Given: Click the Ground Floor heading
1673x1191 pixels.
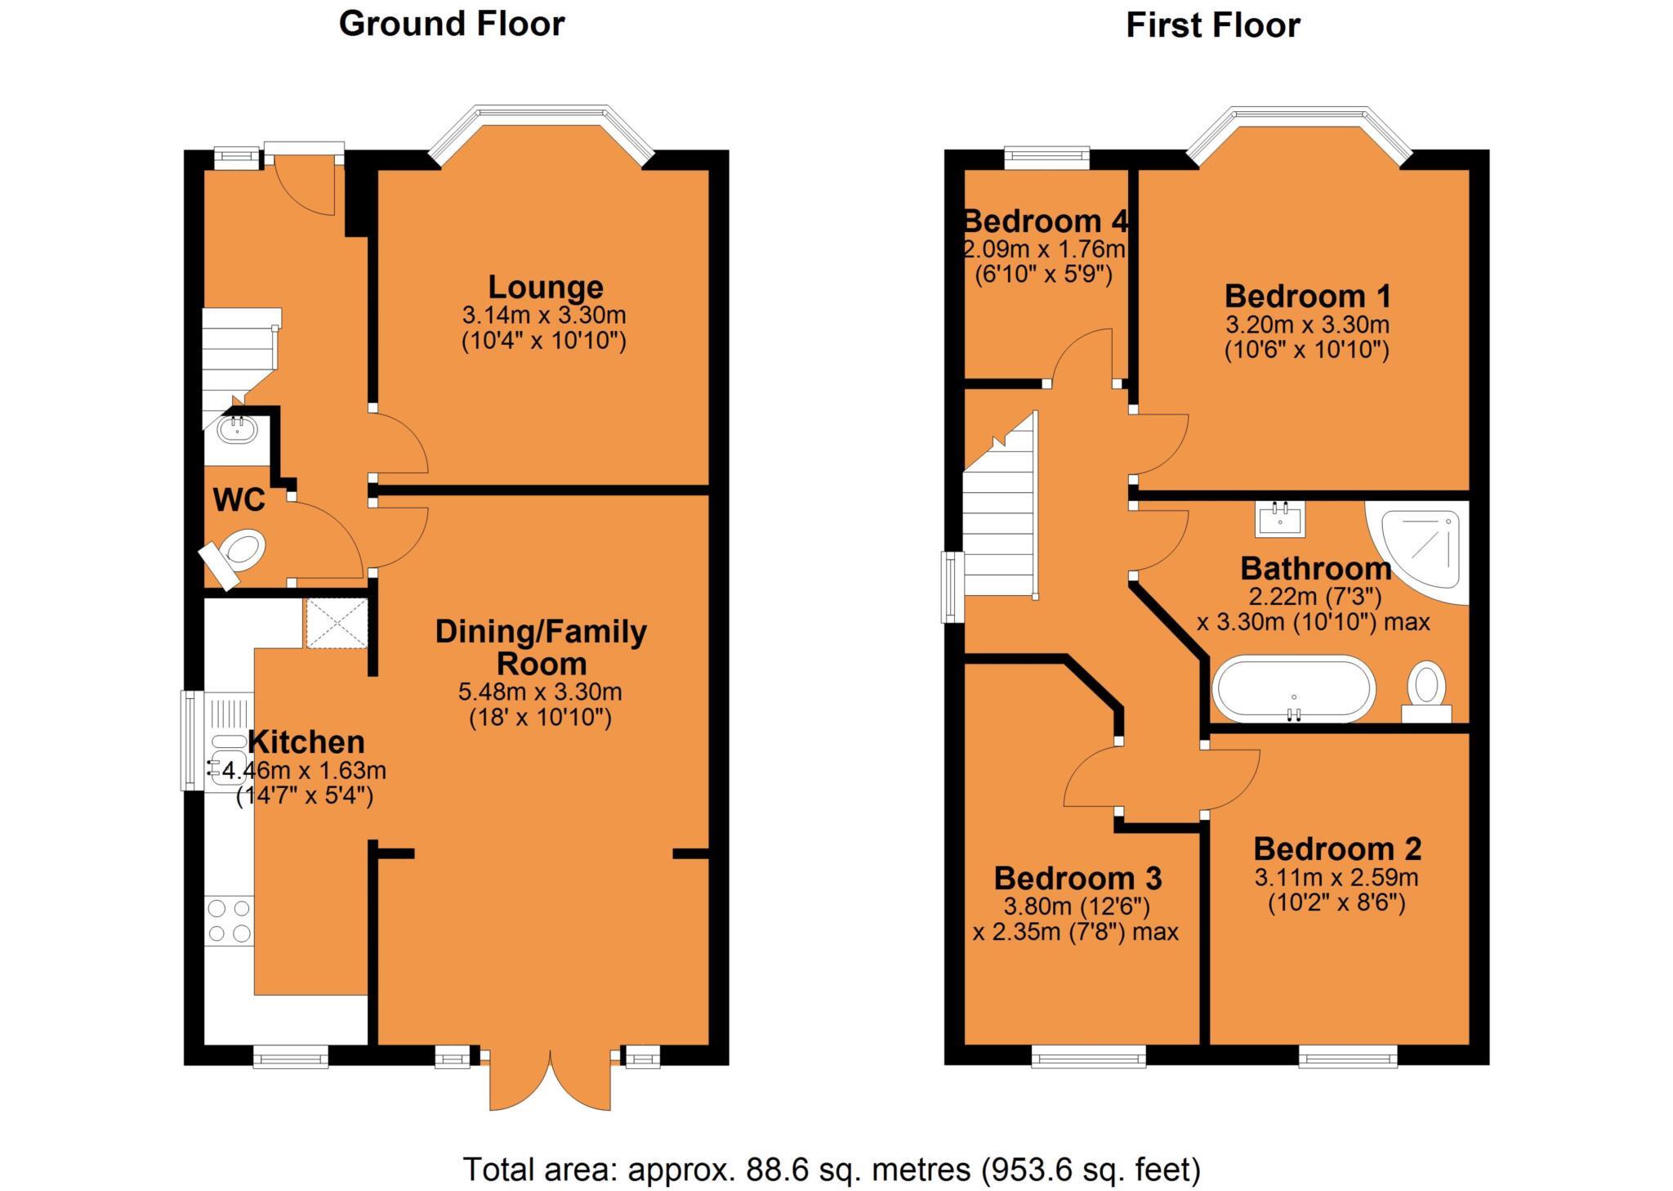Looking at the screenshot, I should point(452,24).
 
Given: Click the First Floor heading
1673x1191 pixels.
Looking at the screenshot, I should point(1212,25).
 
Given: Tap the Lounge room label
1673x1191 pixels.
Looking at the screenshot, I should point(546,287).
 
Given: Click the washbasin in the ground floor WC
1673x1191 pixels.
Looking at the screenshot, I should point(238,430).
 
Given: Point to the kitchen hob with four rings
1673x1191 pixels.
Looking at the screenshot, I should point(230,920).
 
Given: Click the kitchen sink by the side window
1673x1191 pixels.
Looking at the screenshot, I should point(225,758).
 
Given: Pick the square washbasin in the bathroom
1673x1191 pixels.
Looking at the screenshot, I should point(1280,518).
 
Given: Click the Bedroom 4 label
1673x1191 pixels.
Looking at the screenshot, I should point(1046,221).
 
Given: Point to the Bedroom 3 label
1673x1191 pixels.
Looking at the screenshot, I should point(1077,878).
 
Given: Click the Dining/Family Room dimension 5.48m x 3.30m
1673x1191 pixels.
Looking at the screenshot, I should point(540,692).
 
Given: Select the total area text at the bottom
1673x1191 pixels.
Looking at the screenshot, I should point(832,1170).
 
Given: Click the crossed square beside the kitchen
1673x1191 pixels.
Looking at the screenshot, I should point(337,623).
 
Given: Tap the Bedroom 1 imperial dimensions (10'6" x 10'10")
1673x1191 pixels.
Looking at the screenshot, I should point(1307,351).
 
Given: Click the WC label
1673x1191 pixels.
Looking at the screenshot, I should point(239,499).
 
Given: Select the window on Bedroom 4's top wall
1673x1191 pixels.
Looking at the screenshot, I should point(1046,156).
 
